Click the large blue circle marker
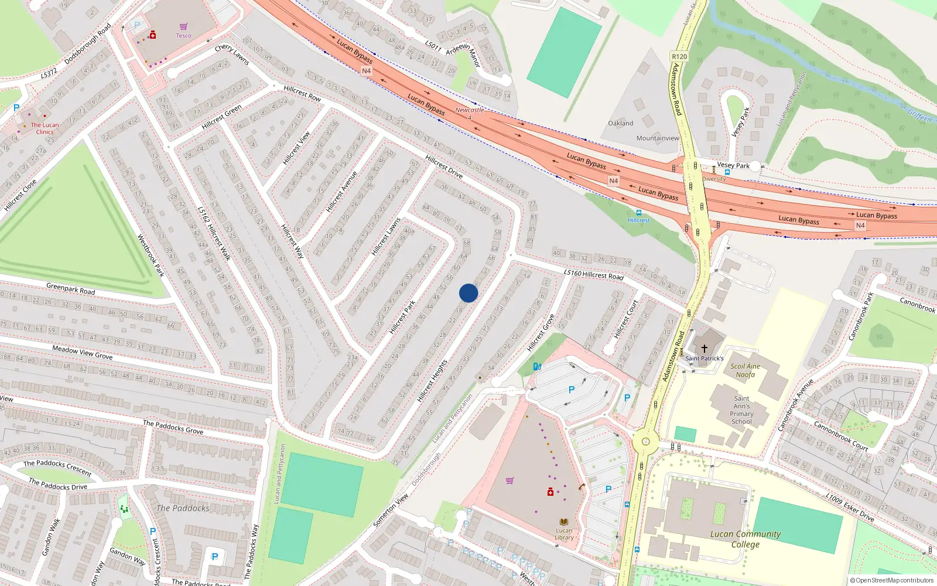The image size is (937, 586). coord(468,293)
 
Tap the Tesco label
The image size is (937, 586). coord(183,35)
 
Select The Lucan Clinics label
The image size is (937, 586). coord(45,128)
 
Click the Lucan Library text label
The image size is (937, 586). coord(564,534)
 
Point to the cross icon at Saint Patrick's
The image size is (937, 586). coord(705,348)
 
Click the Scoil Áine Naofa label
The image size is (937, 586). coord(745,370)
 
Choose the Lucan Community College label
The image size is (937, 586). coord(745,539)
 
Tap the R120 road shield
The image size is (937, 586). coord(679,57)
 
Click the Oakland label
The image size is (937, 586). coord(620,123)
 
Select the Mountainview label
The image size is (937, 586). coord(658,138)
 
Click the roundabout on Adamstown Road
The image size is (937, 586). coord(645,442)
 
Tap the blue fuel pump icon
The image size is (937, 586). coord(537,367)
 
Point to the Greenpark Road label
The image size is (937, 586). coord(70,288)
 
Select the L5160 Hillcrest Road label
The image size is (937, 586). coord(593,274)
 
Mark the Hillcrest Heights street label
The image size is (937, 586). coord(432,381)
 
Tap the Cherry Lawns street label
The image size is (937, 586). coord(232,54)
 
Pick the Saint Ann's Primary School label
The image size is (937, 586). coord(741,410)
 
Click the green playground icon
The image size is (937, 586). coord(124,509)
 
